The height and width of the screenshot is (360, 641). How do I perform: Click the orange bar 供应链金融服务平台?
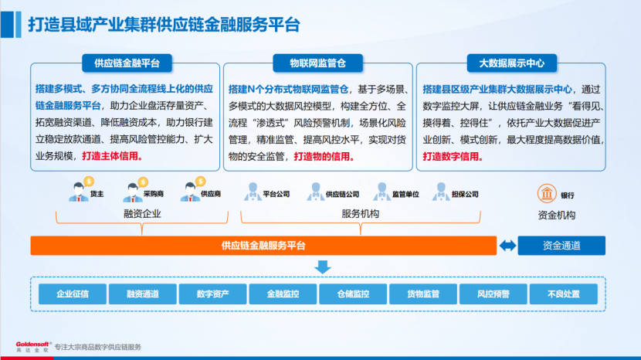(x=263, y=246)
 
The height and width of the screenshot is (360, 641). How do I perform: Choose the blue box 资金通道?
(x=561, y=246)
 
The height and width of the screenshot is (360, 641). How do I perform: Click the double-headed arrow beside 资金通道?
(x=507, y=246)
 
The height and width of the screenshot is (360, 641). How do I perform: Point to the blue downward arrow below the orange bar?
(x=322, y=267)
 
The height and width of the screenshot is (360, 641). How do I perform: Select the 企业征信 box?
(x=73, y=294)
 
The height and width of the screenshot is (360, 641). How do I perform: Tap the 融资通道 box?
(x=143, y=294)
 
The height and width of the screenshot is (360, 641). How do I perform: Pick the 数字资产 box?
(x=212, y=294)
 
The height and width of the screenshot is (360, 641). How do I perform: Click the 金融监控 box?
(x=283, y=294)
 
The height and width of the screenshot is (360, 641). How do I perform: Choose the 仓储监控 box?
(x=353, y=294)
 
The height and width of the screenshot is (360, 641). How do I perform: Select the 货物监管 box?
(x=423, y=294)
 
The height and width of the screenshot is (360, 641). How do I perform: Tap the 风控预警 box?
(x=493, y=294)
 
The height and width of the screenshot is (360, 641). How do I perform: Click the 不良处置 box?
(x=563, y=294)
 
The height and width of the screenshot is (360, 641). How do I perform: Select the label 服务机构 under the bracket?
(x=360, y=214)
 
